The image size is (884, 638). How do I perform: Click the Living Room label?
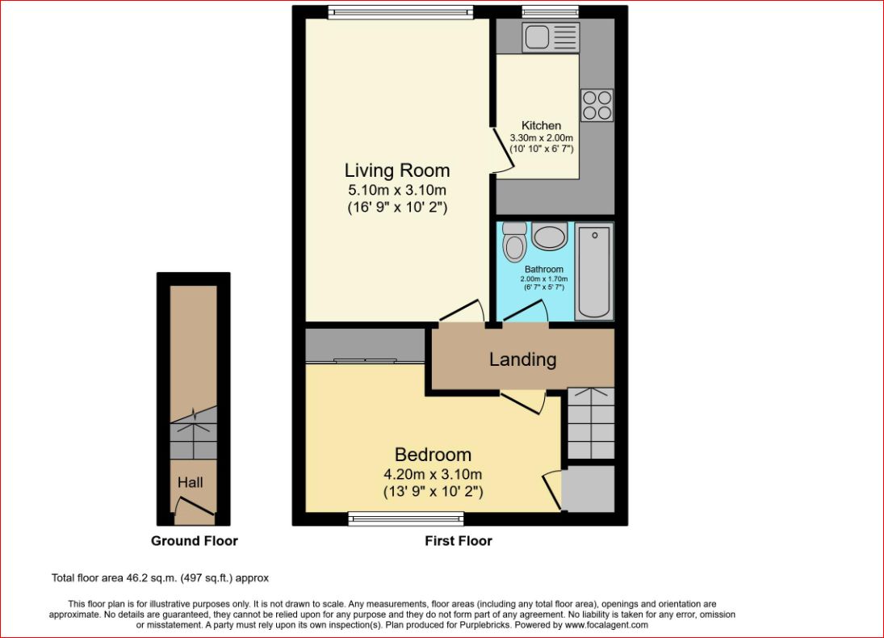coord(396,170)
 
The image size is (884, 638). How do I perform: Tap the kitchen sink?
coord(551,37)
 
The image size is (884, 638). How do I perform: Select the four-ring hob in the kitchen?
coord(597,105)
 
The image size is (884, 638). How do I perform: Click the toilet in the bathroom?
coord(513,241)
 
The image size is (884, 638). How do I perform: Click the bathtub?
coord(594,273)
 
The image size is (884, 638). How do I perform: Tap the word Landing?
coord(522,359)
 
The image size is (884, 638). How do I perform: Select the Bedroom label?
coord(433,455)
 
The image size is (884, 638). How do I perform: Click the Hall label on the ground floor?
coord(191,483)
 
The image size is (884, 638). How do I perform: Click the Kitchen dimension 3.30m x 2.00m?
coord(541,138)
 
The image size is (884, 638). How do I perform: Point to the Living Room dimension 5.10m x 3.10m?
coord(396,191)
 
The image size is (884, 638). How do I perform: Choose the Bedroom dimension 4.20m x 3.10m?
coord(433,474)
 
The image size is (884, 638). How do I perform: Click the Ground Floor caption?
coord(195,541)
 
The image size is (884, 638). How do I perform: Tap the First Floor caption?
coord(459,541)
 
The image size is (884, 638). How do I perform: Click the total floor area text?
coord(160,578)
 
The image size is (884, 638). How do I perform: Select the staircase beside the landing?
coord(590,423)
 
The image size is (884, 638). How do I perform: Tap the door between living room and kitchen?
coord(500,153)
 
